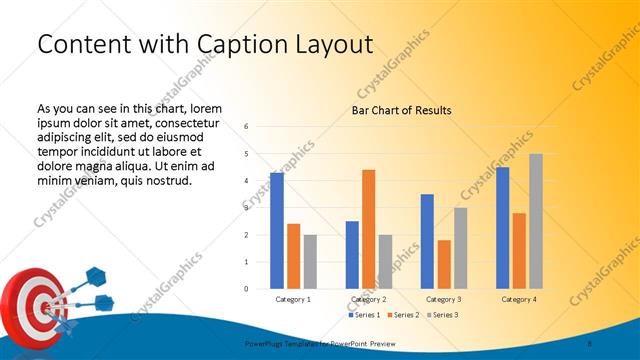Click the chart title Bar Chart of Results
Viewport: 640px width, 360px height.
(x=401, y=110)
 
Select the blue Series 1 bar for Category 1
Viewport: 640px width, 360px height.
(x=277, y=231)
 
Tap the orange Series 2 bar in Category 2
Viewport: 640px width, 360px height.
(x=368, y=229)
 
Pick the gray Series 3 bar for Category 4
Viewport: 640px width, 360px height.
(x=536, y=221)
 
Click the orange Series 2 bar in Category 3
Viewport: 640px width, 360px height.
(x=443, y=264)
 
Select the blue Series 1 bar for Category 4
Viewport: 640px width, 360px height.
(x=502, y=228)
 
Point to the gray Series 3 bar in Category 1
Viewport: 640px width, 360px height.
(x=310, y=262)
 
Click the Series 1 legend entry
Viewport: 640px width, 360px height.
(x=364, y=315)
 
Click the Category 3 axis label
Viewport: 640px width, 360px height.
(x=443, y=299)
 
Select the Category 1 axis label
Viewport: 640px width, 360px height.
(x=293, y=299)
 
